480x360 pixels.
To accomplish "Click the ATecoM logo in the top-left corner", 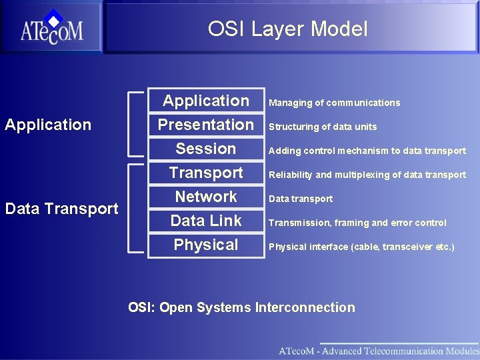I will click(51, 28).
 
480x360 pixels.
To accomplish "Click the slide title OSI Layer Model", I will click(287, 29).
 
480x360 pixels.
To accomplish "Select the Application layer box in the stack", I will click(205, 101).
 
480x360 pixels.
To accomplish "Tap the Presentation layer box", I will click(205, 125).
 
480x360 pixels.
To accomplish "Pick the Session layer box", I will click(205, 149).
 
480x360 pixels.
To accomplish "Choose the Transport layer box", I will click(205, 173).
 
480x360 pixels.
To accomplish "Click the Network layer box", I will click(205, 197).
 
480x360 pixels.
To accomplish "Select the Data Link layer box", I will click(205, 221).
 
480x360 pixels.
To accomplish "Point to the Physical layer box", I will click(205, 245).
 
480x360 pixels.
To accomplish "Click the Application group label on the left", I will click(48, 125).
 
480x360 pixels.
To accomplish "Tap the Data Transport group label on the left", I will click(61, 209).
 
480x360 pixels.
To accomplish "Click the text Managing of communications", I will click(334, 103).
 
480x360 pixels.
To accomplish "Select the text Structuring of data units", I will click(323, 127).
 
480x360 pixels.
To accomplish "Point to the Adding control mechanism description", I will click(367, 151).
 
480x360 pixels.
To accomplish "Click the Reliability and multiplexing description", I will click(367, 175).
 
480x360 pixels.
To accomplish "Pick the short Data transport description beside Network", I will click(300, 199).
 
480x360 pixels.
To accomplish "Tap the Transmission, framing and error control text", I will click(357, 223).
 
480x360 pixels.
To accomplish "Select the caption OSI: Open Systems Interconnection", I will click(241, 307).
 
